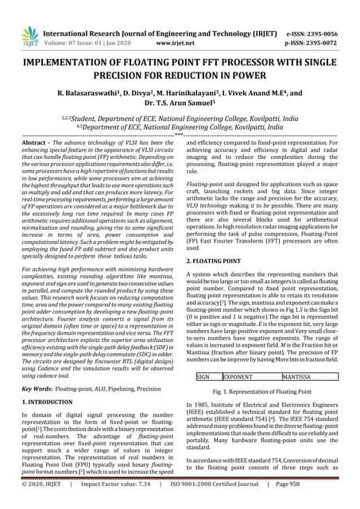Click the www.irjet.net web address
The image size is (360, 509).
[x=182, y=24]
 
